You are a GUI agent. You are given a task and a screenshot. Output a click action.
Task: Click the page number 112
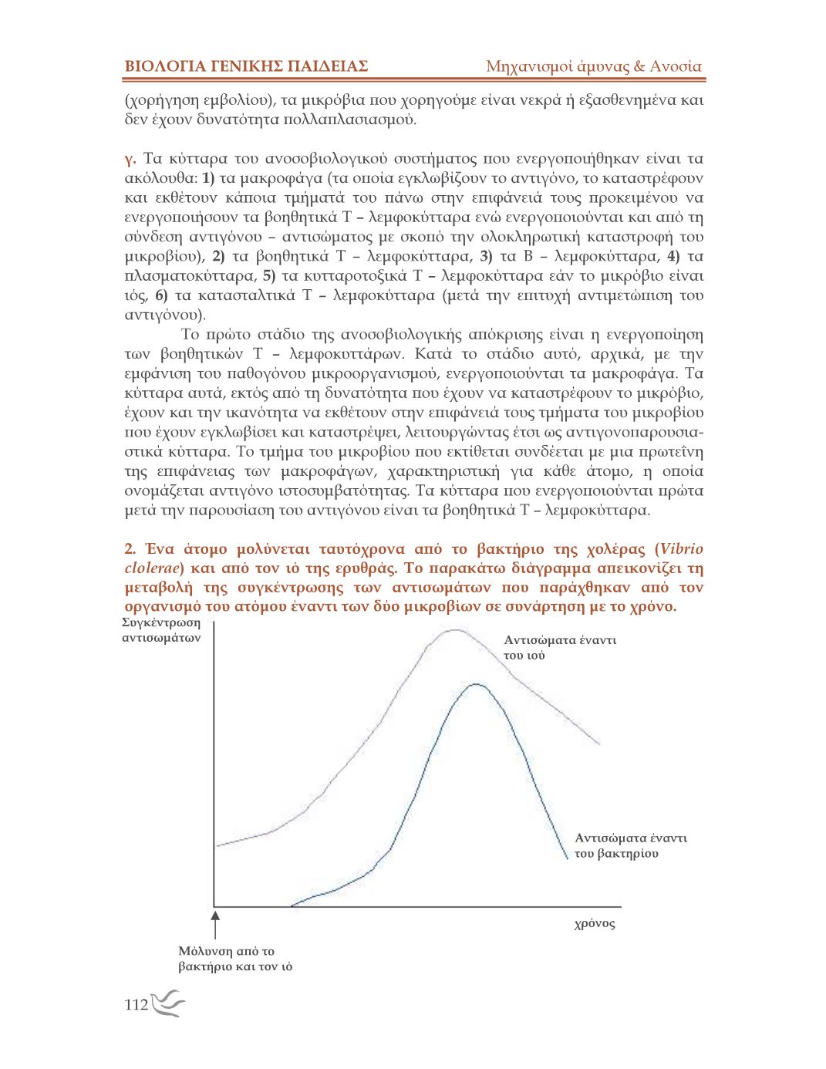[136, 1005]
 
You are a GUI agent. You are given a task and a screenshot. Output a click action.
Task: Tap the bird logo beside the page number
[169, 1004]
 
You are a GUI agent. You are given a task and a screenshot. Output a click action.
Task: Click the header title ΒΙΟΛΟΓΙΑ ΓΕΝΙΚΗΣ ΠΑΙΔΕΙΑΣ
[246, 66]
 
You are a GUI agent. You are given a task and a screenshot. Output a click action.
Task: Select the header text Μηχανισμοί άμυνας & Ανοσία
[593, 66]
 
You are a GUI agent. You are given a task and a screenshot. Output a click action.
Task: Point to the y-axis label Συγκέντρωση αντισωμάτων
[161, 630]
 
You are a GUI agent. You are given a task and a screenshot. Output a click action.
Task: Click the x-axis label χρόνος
[595, 924]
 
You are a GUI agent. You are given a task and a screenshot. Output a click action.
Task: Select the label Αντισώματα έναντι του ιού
[560, 647]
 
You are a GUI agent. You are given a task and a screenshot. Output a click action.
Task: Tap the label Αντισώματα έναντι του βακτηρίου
[630, 845]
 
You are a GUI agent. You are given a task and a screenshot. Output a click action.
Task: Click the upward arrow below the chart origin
[216, 923]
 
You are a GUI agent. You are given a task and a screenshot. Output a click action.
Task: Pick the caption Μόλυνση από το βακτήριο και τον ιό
[235, 959]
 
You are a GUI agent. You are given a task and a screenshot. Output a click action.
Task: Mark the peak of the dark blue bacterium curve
[477, 684]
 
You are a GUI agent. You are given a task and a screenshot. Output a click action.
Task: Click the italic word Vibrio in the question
[681, 549]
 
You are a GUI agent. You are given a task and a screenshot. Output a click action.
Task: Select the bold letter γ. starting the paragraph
[130, 159]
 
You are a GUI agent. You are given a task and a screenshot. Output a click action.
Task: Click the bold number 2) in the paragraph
[218, 256]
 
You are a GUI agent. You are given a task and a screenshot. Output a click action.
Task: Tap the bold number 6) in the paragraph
[161, 295]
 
